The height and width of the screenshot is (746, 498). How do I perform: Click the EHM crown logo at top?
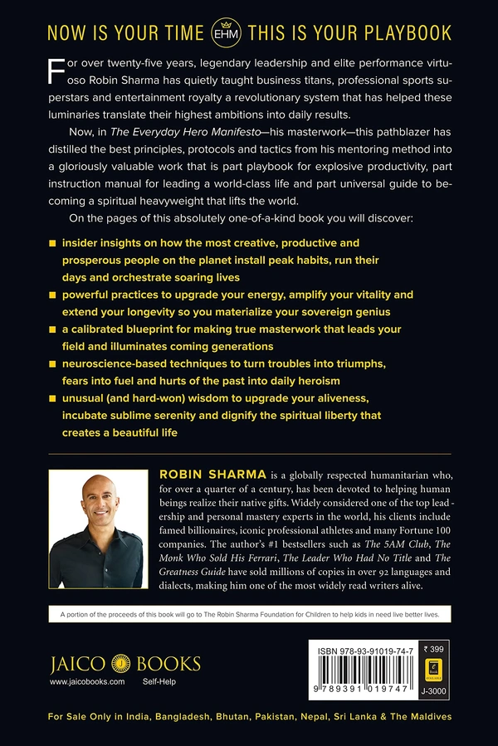tap(248, 32)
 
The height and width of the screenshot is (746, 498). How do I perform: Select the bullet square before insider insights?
tap(53, 243)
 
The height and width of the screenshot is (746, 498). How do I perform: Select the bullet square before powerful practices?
tap(53, 295)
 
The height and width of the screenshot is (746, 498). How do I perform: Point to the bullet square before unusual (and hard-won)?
tap(53, 399)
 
